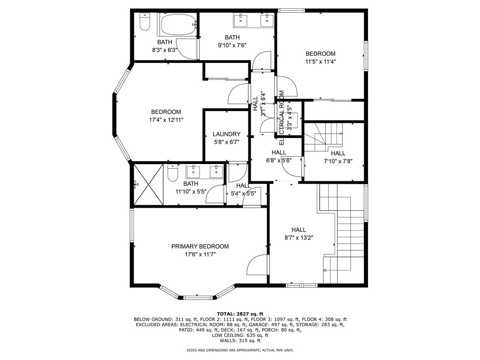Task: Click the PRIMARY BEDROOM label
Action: tap(200, 247)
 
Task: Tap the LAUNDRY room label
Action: tap(226, 134)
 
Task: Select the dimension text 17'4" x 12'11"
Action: tap(166, 120)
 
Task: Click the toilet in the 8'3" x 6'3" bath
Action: tap(144, 22)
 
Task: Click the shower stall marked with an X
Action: tap(148, 184)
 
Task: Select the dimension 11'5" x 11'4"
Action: tap(321, 61)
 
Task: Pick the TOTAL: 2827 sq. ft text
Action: tap(240, 314)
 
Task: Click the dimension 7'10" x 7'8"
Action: tap(337, 161)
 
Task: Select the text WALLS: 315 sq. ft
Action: tap(240, 341)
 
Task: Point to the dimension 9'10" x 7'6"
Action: tap(232, 45)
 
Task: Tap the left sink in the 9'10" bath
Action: tap(241, 20)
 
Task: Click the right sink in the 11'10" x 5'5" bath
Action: tap(216, 172)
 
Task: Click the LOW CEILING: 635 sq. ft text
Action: tap(240, 336)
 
